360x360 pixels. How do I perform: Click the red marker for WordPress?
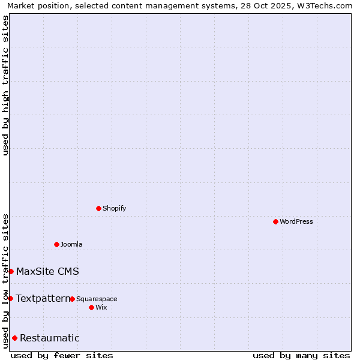(x=275, y=221)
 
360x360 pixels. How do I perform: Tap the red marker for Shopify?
(x=98, y=208)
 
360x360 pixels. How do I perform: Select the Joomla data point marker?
(x=56, y=244)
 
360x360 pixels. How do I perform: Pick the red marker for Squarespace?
(x=72, y=299)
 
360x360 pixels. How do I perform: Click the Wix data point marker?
(x=91, y=307)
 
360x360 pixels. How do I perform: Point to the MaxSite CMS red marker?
(x=11, y=271)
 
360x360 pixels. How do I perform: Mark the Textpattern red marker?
(x=10, y=298)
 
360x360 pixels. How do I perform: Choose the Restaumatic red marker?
(x=14, y=338)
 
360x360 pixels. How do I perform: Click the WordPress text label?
(x=296, y=221)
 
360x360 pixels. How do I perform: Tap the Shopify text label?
(x=114, y=208)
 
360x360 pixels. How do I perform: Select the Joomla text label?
(x=71, y=244)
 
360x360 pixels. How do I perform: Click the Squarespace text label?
(x=97, y=299)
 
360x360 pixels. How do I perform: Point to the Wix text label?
(x=101, y=307)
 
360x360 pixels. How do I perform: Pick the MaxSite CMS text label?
(x=47, y=271)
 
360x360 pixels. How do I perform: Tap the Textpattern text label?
(x=43, y=298)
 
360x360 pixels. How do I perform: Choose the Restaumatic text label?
(x=49, y=338)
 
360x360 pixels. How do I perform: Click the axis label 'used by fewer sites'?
(x=62, y=355)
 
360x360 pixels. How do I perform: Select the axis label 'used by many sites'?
(x=301, y=355)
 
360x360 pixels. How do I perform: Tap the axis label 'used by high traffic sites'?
(x=5, y=85)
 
